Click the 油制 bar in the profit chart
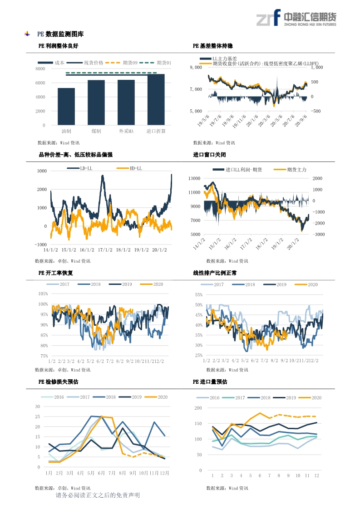pos(66,107)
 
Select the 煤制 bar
pos(96,103)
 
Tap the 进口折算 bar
pos(156,99)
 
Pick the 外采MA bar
pos(126,103)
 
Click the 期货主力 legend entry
pos(290,169)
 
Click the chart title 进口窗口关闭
pos(209,155)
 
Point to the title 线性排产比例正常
pos(215,273)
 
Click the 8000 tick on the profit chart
pos(40,69)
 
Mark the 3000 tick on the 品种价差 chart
pos(42,171)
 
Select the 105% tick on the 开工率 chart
pos(42,294)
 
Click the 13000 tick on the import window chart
pos(194,179)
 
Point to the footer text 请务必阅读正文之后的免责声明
pos(98,495)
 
